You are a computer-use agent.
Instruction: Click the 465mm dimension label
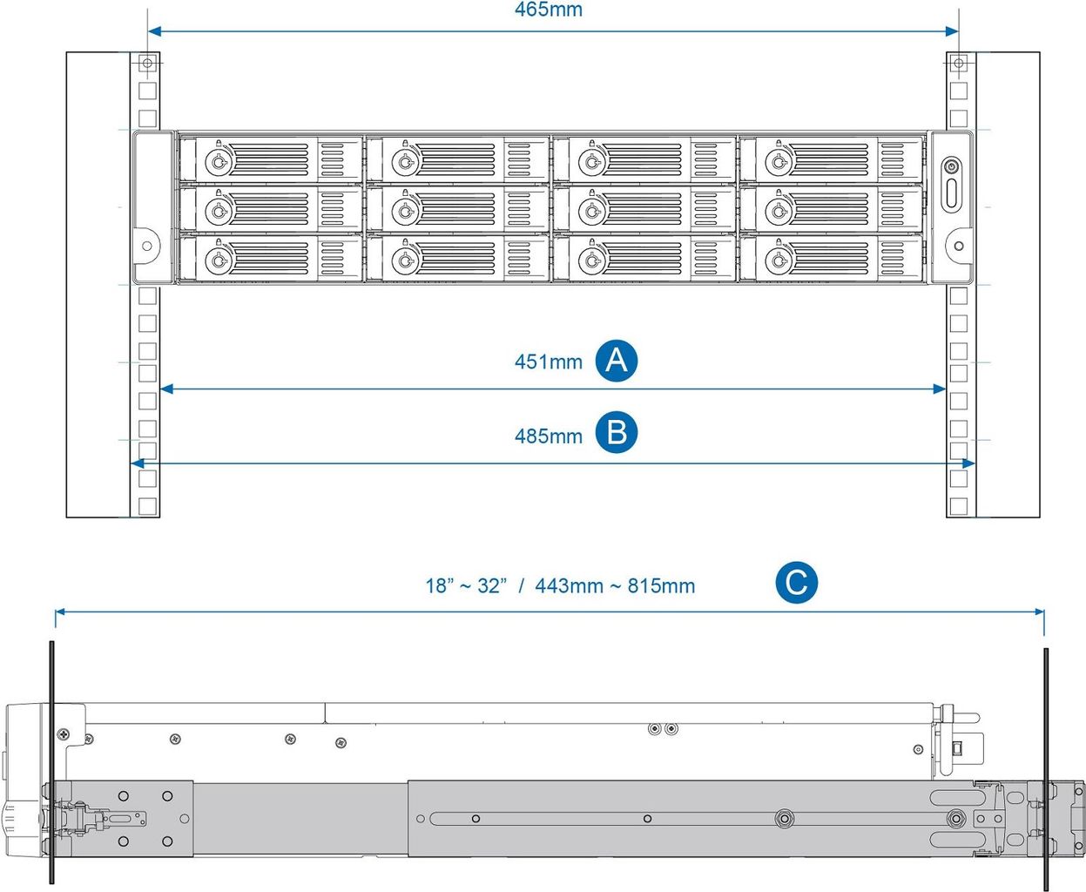(548, 10)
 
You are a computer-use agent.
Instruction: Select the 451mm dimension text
(548, 362)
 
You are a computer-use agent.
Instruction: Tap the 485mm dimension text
(548, 436)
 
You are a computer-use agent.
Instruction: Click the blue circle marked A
(617, 361)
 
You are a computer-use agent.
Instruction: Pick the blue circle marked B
(617, 433)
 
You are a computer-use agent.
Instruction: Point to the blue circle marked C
(796, 583)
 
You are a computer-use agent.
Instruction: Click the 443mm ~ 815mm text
(615, 586)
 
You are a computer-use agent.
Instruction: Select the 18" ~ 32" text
(466, 586)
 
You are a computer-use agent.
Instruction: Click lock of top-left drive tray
(218, 162)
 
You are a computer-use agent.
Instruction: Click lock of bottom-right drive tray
(778, 260)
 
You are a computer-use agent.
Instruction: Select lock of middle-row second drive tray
(404, 212)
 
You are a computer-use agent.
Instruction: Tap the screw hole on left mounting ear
(146, 246)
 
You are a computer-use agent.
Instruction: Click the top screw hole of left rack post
(147, 63)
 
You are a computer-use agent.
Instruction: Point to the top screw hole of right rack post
(958, 63)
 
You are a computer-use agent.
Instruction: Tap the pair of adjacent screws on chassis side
(663, 728)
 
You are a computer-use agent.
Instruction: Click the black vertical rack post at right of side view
(1045, 767)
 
